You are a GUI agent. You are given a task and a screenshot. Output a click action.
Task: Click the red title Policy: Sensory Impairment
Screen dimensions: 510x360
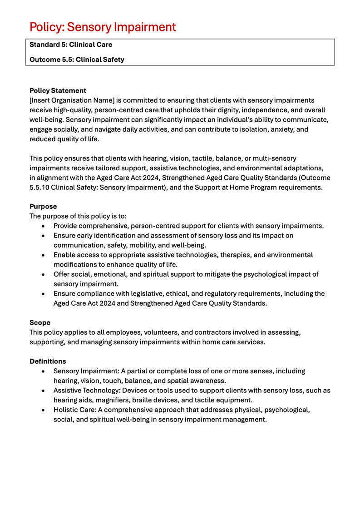coord(103,27)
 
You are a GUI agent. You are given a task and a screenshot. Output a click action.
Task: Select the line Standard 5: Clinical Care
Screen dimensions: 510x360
coord(71,45)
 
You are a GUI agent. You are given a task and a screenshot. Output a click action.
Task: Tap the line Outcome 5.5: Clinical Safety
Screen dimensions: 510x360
coord(77,59)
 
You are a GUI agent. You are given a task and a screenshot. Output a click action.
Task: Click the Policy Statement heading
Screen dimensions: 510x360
coord(58,91)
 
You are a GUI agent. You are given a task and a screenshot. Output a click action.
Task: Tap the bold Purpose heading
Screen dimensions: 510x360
coord(43,207)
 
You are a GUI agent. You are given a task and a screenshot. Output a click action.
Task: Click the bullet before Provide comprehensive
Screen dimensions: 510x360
coord(43,226)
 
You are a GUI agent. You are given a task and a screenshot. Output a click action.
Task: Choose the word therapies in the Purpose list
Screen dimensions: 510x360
coord(235,255)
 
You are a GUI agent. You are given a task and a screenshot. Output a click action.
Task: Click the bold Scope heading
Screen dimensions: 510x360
coord(40,323)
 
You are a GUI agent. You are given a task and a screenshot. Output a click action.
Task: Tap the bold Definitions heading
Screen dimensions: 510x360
coord(48,361)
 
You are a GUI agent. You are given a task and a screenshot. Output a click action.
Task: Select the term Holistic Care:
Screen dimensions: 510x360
coord(75,410)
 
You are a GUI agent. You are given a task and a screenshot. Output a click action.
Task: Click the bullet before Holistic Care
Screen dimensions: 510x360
coord(43,410)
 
